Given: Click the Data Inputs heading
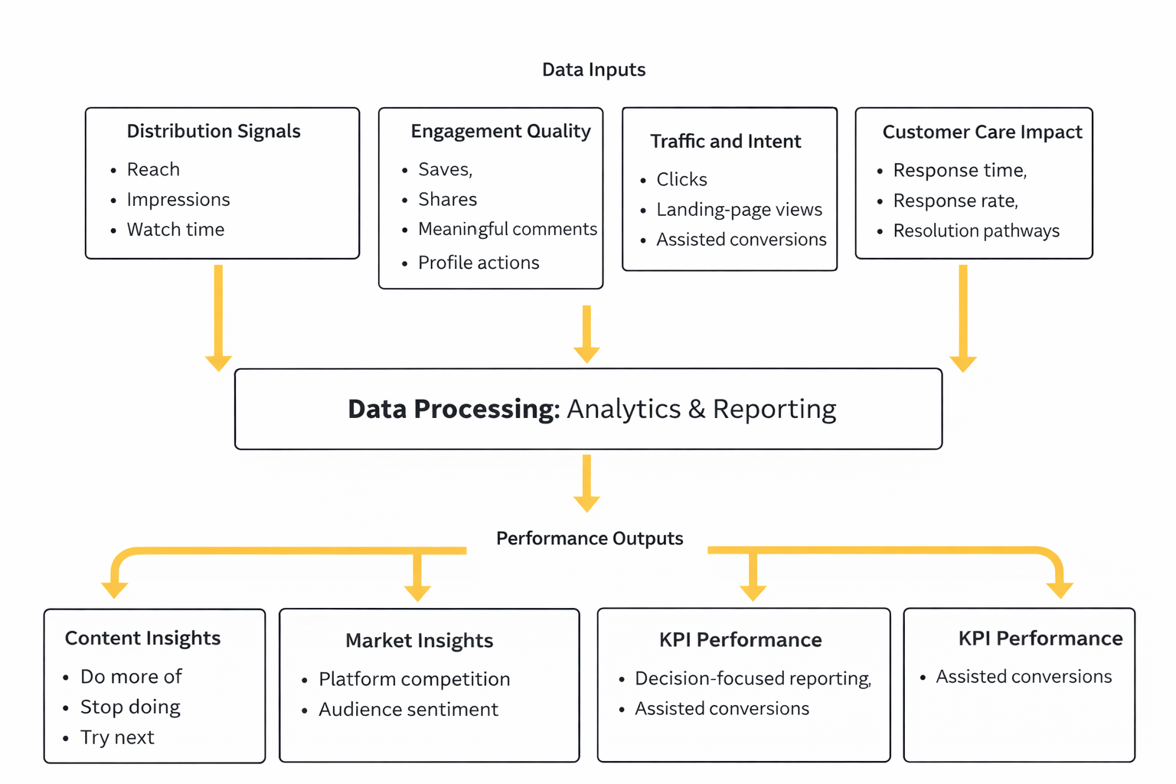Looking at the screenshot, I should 593,70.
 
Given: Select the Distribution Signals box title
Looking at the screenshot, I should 213,131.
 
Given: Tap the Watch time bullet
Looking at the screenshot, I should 175,230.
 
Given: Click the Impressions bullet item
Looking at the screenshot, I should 178,200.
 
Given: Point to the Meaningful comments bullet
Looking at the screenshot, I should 507,229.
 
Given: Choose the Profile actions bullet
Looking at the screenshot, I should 478,263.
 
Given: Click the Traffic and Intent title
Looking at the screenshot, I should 725,142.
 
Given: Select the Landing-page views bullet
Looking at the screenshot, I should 739,210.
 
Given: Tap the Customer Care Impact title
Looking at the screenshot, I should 982,132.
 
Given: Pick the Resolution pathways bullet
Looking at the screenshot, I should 975,231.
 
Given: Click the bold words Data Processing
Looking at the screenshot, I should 453,409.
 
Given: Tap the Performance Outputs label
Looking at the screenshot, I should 589,538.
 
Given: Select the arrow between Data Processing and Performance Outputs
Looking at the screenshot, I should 586,483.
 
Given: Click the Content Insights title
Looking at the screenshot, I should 142,639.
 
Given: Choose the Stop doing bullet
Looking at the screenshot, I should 130,707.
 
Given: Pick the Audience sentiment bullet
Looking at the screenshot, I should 407,710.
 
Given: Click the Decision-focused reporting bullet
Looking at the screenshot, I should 752,679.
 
